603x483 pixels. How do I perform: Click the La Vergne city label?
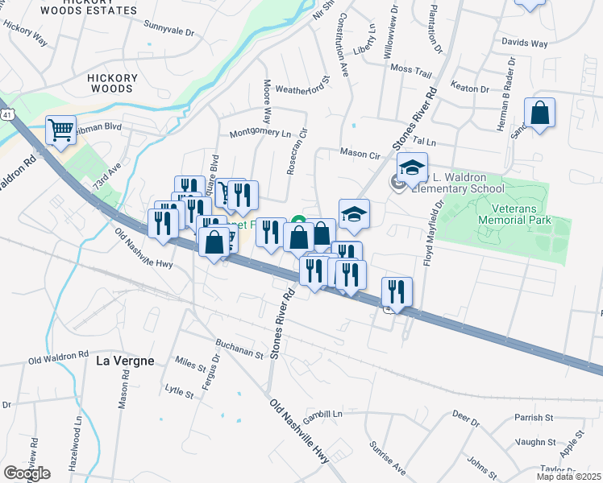pyautogui.click(x=125, y=361)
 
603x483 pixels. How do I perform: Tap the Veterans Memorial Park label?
pyautogui.click(x=514, y=213)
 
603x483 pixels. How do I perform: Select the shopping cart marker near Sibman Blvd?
pyautogui.click(x=60, y=130)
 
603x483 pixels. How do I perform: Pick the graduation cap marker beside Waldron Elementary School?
pyautogui.click(x=412, y=167)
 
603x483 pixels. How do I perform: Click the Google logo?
pyautogui.click(x=27, y=473)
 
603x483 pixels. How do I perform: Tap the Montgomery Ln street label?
pyautogui.click(x=260, y=133)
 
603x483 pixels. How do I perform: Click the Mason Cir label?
pyautogui.click(x=360, y=151)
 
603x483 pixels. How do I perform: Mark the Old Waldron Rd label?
pyautogui.click(x=58, y=356)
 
